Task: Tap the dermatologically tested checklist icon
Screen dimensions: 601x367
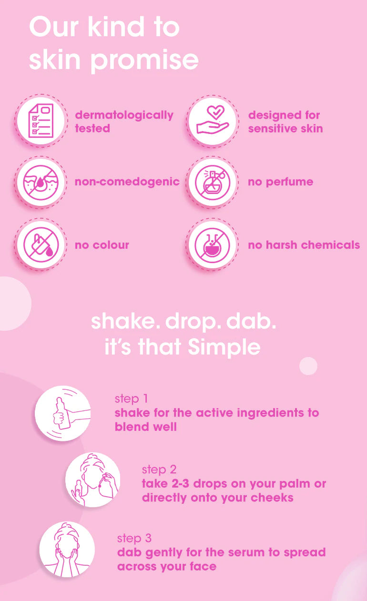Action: [41, 121]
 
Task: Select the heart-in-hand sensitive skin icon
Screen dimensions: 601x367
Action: [213, 121]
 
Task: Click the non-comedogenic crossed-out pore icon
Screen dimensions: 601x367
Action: [41, 182]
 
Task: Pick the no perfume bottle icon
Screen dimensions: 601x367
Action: [213, 182]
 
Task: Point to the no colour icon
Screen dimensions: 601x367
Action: [41, 245]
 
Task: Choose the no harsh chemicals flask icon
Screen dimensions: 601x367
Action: [213, 245]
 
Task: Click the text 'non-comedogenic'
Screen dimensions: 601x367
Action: [127, 182]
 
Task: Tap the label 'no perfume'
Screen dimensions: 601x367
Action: [280, 182]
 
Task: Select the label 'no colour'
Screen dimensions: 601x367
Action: [102, 245]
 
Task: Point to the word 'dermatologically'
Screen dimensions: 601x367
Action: [124, 115]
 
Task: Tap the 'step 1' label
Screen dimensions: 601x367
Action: [127, 398]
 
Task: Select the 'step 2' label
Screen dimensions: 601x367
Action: [159, 469]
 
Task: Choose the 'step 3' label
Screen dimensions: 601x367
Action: [134, 538]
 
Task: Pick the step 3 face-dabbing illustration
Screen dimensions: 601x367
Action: [67, 550]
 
